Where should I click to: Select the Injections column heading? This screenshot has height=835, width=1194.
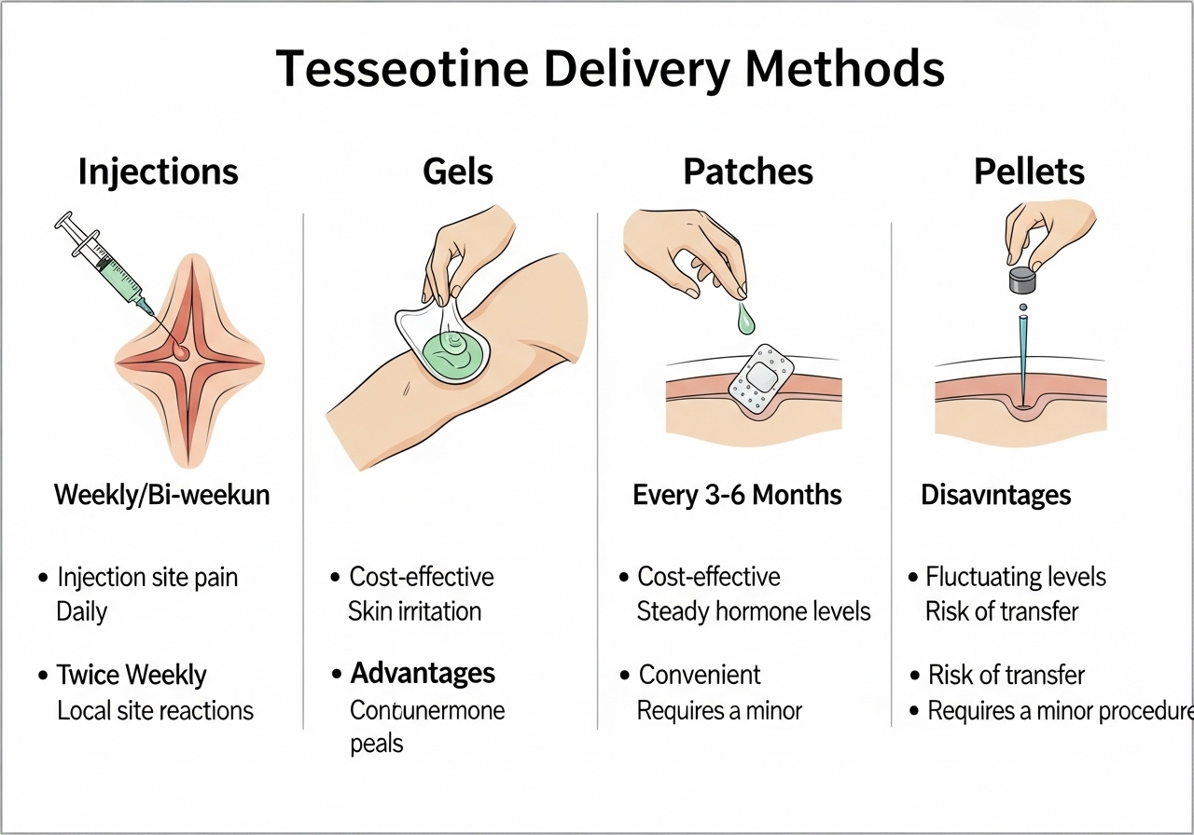159,172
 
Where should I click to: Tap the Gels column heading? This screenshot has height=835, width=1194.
458,172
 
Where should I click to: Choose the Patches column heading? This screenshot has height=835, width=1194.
748,172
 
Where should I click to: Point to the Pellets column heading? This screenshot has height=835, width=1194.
1030,172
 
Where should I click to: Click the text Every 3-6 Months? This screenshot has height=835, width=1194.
737,495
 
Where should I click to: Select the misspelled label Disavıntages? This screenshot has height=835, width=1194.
995,495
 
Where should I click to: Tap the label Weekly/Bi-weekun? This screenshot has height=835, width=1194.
161,495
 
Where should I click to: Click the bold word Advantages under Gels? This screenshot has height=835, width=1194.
423,673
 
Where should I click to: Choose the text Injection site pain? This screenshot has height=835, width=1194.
147,578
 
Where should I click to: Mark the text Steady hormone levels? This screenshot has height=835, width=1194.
754,612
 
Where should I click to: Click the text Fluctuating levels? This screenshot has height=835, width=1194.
1016,578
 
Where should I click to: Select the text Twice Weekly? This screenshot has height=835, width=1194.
132,675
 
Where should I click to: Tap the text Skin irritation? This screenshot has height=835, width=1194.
415,612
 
